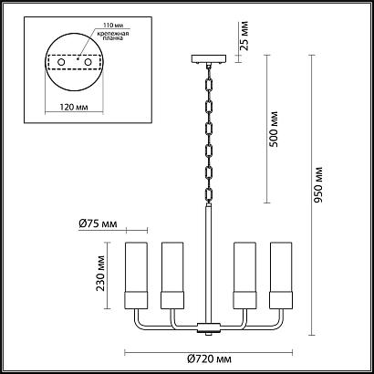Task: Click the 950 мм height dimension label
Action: [x=318, y=185]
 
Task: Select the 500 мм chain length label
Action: [x=274, y=130]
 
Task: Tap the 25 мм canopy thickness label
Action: [x=244, y=36]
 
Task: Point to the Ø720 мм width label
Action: [x=209, y=359]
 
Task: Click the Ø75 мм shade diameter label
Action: [x=98, y=224]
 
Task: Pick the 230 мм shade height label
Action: [x=100, y=274]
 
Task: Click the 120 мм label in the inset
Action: [x=74, y=108]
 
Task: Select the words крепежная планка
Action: [x=113, y=36]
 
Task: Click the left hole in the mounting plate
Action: [x=61, y=62]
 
